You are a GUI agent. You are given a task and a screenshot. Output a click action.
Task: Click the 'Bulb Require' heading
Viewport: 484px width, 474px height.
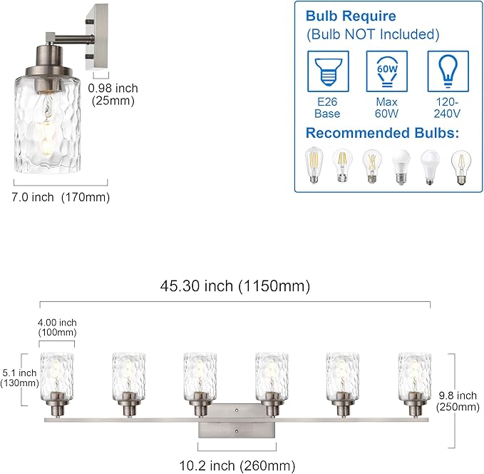tap(351, 16)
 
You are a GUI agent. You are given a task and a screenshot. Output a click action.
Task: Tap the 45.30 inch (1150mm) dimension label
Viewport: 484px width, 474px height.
tap(235, 286)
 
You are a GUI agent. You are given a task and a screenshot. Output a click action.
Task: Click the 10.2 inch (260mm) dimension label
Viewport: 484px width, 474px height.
tap(237, 465)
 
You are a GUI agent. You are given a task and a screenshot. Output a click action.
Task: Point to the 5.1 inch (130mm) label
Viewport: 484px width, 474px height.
tap(19, 378)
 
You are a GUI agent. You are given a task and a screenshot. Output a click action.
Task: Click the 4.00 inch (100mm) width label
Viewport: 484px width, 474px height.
tap(56, 328)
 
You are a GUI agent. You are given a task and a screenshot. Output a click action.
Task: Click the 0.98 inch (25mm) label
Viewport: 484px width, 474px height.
tap(113, 94)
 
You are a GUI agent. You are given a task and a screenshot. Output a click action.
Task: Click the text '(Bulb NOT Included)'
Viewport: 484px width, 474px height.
tap(372, 34)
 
